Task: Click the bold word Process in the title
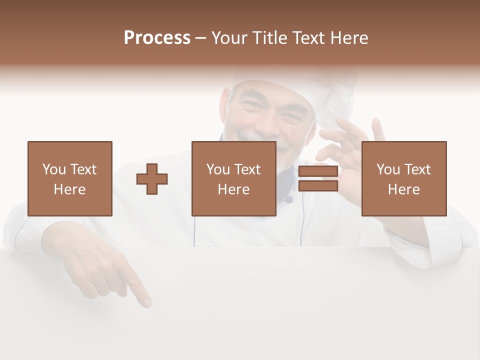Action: click(157, 38)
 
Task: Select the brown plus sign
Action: click(152, 179)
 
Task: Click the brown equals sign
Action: click(318, 179)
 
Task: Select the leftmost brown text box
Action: click(70, 178)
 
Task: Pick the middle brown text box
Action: click(233, 178)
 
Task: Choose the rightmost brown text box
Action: click(403, 178)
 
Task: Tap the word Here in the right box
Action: click(403, 189)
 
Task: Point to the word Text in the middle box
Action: click(247, 169)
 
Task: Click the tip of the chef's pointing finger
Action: click(146, 302)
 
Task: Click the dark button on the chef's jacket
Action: click(289, 199)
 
